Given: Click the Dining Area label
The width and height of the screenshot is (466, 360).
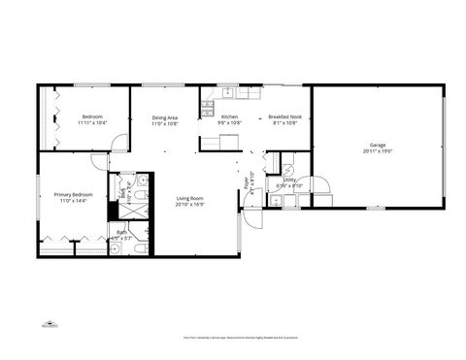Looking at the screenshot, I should coord(165,118).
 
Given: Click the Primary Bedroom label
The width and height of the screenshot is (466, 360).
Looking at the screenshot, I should coord(73,195).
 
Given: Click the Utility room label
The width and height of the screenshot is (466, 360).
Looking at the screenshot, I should coord(290,180).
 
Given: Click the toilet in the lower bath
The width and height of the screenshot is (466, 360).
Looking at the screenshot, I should coord(140,247).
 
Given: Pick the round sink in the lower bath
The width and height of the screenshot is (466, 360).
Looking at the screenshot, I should coord(115,247).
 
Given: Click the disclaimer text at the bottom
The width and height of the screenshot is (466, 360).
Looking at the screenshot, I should coord(233,338).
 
